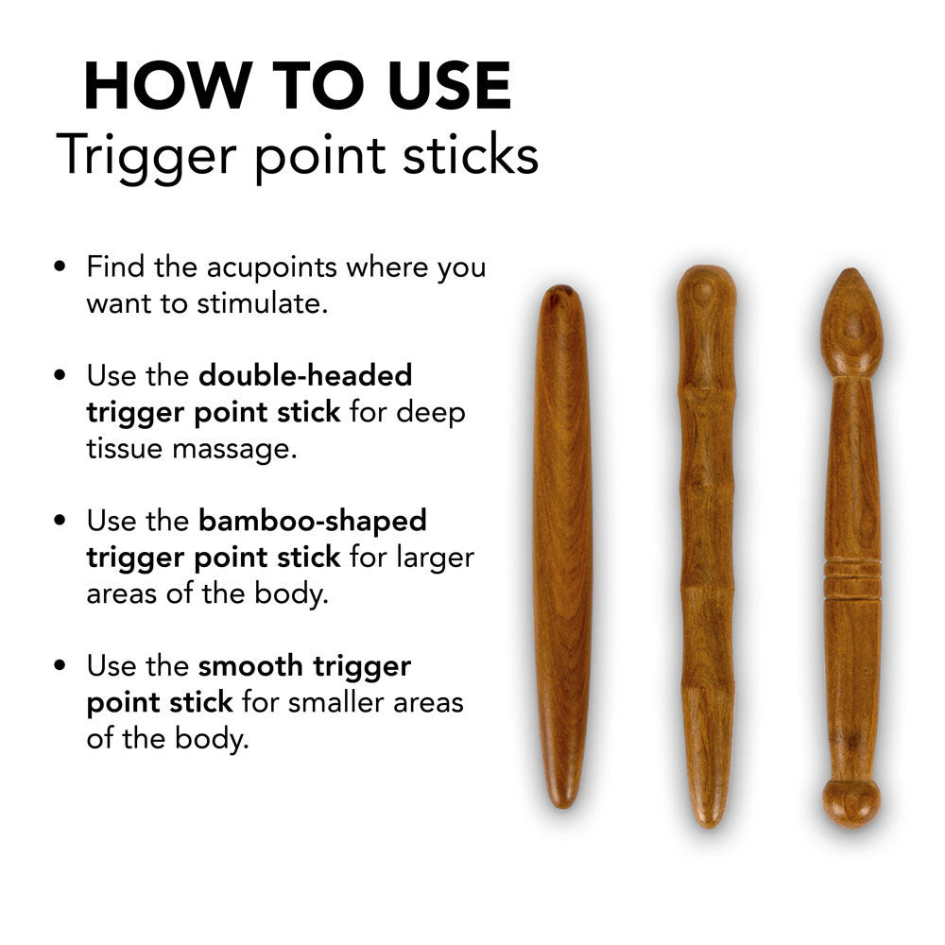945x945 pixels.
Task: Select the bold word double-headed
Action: (305, 375)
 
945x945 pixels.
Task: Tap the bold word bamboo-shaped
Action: (313, 520)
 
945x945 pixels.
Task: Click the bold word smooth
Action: (250, 665)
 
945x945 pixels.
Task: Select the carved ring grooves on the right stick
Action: (851, 577)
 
